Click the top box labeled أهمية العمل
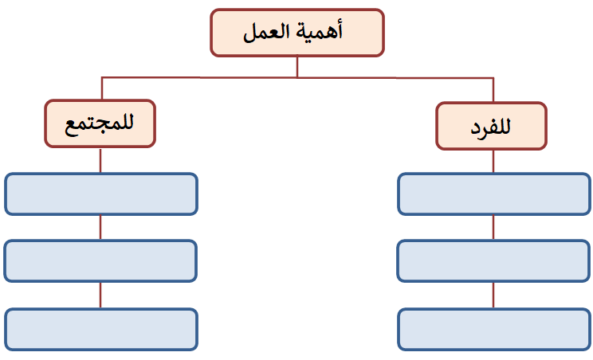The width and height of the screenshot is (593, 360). pyautogui.click(x=297, y=33)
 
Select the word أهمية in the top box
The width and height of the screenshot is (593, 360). pyautogui.click(x=320, y=31)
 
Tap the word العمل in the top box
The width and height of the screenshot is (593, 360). pyautogui.click(x=267, y=32)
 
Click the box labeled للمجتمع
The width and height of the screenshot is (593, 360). pyautogui.click(x=100, y=123)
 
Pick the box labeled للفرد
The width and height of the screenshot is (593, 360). pyautogui.click(x=491, y=126)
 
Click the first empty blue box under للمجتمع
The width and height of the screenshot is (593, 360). pyautogui.click(x=101, y=194)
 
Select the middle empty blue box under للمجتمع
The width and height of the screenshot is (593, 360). pyautogui.click(x=100, y=260)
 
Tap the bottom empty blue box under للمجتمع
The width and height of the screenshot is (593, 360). pyautogui.click(x=101, y=330)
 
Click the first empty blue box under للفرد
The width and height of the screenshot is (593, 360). pyautogui.click(x=494, y=194)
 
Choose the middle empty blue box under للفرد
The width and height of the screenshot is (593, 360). pyautogui.click(x=493, y=260)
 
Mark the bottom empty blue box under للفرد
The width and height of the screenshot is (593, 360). pyautogui.click(x=494, y=330)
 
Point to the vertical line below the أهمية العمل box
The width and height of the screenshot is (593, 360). pyautogui.click(x=297, y=67)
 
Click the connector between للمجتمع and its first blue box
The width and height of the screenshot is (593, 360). pyautogui.click(x=100, y=160)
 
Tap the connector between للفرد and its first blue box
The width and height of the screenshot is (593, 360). pyautogui.click(x=493, y=162)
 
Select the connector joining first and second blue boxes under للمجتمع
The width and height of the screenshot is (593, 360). pyautogui.click(x=100, y=228)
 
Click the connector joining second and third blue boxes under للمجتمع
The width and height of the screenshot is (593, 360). pyautogui.click(x=100, y=295)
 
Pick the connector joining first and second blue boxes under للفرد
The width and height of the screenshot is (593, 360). pyautogui.click(x=493, y=228)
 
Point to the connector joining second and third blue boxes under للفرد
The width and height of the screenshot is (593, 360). pyautogui.click(x=493, y=295)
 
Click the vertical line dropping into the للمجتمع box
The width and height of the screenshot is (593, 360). pyautogui.click(x=102, y=88)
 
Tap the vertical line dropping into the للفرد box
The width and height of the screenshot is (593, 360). pyautogui.click(x=493, y=90)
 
